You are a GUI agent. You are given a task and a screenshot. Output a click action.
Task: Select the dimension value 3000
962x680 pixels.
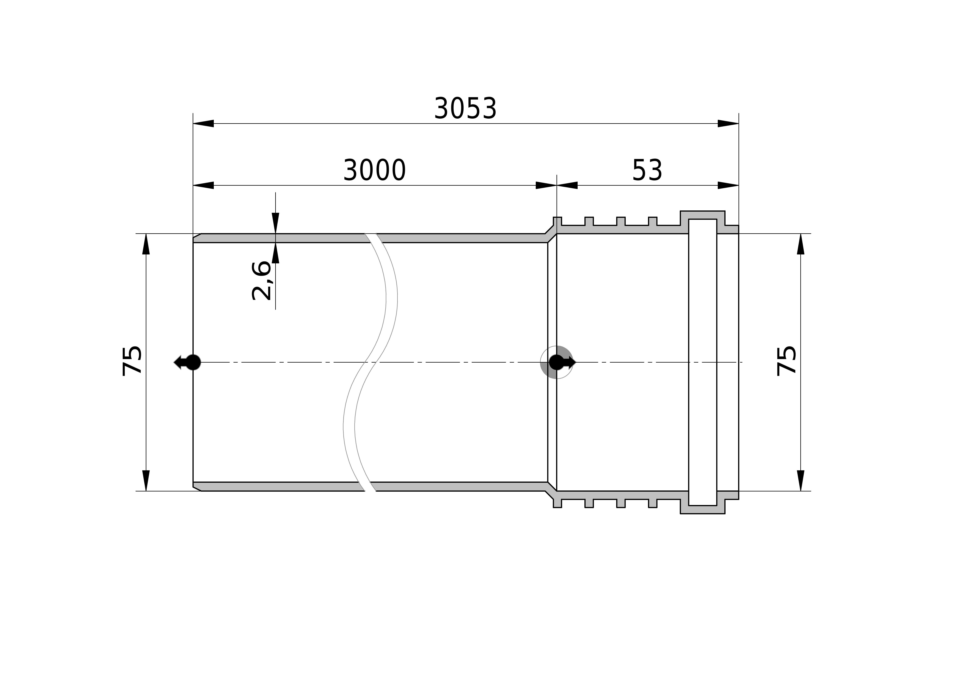click(x=374, y=171)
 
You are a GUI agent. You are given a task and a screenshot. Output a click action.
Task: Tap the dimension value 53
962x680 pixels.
click(x=647, y=171)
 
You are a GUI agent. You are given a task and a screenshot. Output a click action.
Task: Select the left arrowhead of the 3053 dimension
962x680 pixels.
click(x=203, y=124)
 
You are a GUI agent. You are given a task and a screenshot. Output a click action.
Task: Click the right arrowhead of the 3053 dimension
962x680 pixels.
click(x=728, y=124)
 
